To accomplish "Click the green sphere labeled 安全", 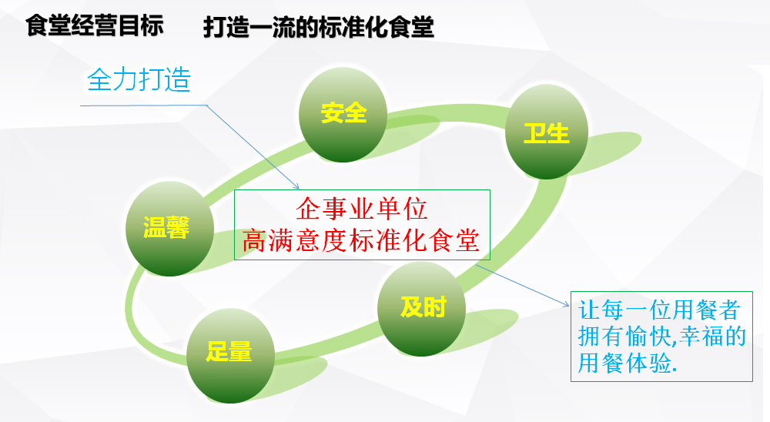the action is pyautogui.click(x=343, y=115).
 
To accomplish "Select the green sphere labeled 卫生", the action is pyautogui.click(x=547, y=132).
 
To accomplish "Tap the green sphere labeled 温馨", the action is pyautogui.click(x=170, y=229).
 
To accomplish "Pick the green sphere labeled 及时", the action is pyautogui.click(x=421, y=309).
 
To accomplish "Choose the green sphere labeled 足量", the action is pyautogui.click(x=230, y=356).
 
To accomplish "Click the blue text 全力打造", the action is pyautogui.click(x=139, y=79).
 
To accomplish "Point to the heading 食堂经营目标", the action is pyautogui.click(x=94, y=25).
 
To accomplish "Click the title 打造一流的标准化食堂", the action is pyautogui.click(x=319, y=27).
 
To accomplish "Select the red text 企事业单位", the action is pyautogui.click(x=362, y=209).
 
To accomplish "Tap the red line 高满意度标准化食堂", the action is pyautogui.click(x=361, y=240).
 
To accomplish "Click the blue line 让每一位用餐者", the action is pyautogui.click(x=659, y=310).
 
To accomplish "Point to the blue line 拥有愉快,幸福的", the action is pyautogui.click(x=662, y=337).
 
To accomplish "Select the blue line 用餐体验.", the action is pyautogui.click(x=627, y=363).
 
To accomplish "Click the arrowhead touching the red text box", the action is pyautogui.click(x=296, y=186).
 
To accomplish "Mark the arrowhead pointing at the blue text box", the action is pyautogui.click(x=566, y=305).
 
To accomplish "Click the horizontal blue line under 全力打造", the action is pyautogui.click(x=143, y=105).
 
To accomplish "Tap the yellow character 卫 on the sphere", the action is pyautogui.click(x=535, y=134).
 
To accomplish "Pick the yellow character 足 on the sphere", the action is pyautogui.click(x=217, y=352).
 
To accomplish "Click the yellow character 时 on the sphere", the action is pyautogui.click(x=434, y=307).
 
